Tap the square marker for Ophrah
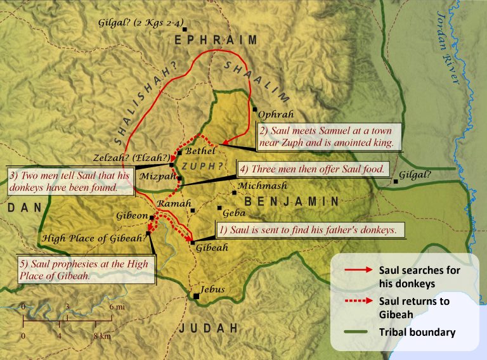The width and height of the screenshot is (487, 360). pos(255,109)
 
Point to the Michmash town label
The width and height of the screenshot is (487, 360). pos(261,186)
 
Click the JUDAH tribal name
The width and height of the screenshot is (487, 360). pos(208,328)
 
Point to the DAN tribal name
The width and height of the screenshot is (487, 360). pos(20,208)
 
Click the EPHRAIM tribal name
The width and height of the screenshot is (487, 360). pos(216,41)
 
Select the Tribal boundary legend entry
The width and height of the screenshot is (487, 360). pos(419,332)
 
